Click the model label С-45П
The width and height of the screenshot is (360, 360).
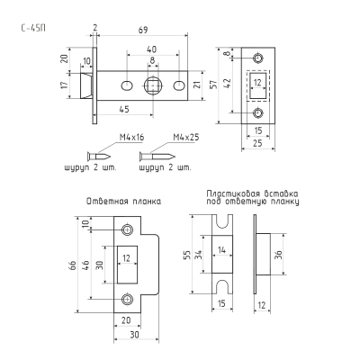pyautogui.click(x=33, y=28)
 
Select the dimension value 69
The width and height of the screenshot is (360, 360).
pyautogui.click(x=143, y=30)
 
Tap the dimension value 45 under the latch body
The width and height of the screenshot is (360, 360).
pyautogui.click(x=124, y=109)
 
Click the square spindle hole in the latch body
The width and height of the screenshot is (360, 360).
pyautogui.click(x=153, y=85)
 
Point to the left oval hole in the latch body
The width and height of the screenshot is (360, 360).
pyautogui.click(x=127, y=85)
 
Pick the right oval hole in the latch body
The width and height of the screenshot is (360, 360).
pyautogui.click(x=179, y=85)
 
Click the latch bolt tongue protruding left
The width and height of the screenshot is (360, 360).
pyautogui.click(x=86, y=85)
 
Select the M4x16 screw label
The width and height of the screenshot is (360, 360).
pyautogui.click(x=132, y=138)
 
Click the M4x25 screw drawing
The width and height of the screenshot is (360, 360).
pyautogui.click(x=157, y=156)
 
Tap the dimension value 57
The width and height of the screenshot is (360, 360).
pyautogui.click(x=213, y=85)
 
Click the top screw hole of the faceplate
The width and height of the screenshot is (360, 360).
pyautogui.click(x=257, y=58)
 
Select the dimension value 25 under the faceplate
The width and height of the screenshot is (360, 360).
pyautogui.click(x=257, y=143)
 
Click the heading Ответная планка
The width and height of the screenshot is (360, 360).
pyautogui.click(x=123, y=202)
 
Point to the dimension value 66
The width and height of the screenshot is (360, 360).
pyautogui.click(x=72, y=265)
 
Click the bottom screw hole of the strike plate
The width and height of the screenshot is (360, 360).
pyautogui.click(x=128, y=299)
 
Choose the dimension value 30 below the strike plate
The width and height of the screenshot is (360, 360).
pyautogui.click(x=135, y=334)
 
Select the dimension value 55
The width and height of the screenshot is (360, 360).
pyautogui.click(x=187, y=255)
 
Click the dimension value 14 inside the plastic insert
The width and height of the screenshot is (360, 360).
pyautogui.click(x=222, y=249)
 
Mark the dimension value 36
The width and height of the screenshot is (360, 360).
pyautogui.click(x=279, y=255)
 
